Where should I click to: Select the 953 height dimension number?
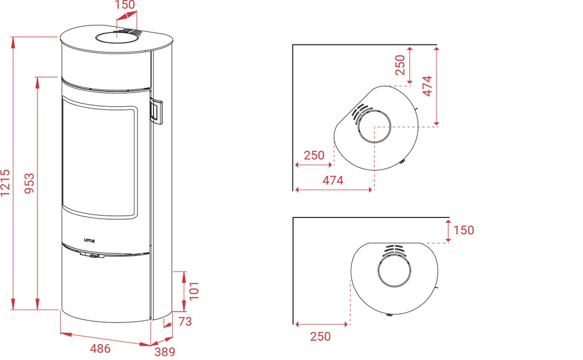[29, 183]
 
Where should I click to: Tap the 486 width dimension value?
[101, 348]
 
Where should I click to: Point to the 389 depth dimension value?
[164, 351]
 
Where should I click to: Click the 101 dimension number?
[194, 291]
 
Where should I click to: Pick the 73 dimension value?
[185, 321]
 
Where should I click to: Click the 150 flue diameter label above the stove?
[125, 5]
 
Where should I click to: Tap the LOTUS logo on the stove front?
[89, 241]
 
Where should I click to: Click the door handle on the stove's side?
[156, 111]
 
